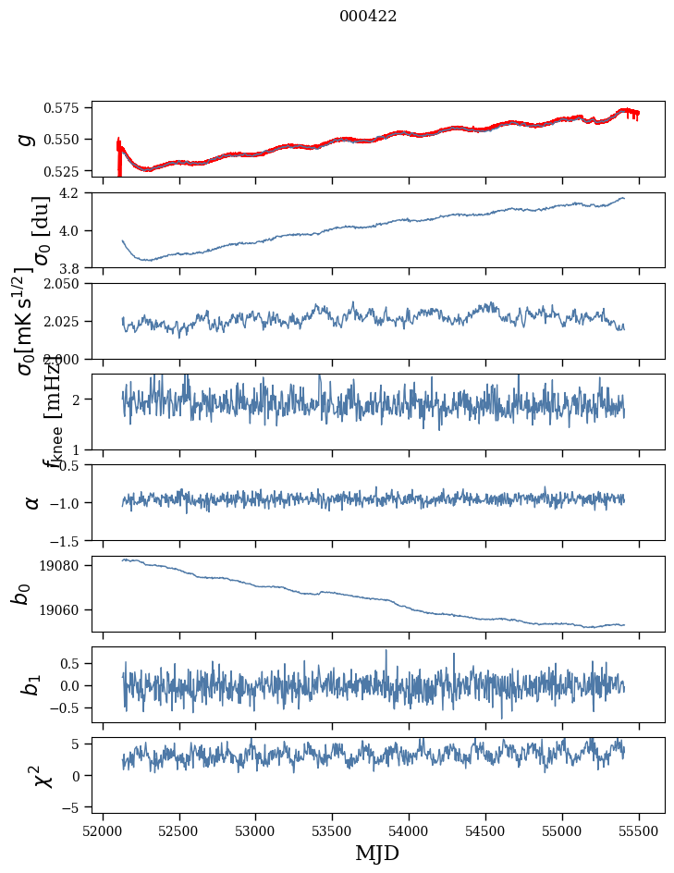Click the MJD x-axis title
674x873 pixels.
click(377, 853)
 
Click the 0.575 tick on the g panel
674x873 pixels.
click(67, 108)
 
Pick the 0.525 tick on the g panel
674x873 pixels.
click(67, 171)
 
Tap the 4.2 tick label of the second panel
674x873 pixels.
click(75, 193)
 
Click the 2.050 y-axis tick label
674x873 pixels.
click(67, 284)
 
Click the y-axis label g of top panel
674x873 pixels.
click(28, 139)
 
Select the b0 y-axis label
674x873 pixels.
click(22, 594)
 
